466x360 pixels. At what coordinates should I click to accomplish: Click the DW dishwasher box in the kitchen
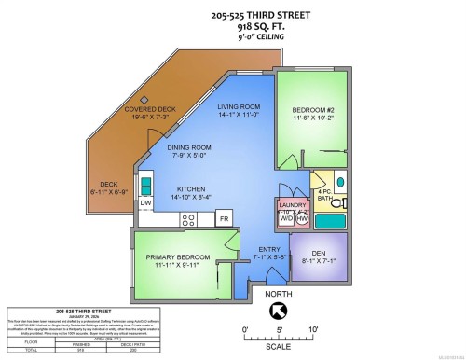146,202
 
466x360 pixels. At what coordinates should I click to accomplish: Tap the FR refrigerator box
224,218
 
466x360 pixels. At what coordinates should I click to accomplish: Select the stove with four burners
189,219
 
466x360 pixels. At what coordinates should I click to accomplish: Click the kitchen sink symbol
147,183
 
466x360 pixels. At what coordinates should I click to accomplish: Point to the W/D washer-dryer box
286,218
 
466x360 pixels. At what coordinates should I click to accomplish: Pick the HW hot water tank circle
302,218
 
